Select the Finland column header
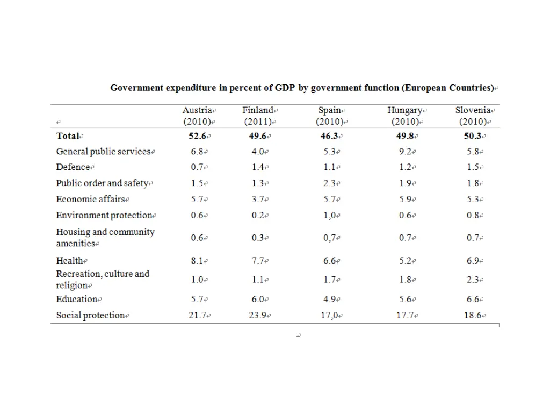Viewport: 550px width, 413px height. [x=258, y=110]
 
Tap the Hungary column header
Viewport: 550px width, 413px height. [x=405, y=110]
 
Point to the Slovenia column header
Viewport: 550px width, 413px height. [x=473, y=110]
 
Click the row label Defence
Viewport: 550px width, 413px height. [x=73, y=167]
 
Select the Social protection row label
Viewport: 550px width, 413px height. [x=91, y=316]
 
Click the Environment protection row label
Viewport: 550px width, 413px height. [x=105, y=215]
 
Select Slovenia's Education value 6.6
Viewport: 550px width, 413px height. [x=473, y=300]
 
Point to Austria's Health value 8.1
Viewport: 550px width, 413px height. [x=197, y=261]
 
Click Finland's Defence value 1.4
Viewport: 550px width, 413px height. [x=258, y=167]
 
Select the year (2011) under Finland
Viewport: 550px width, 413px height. [x=258, y=122]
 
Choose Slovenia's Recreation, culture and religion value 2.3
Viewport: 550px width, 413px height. [x=473, y=280]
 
